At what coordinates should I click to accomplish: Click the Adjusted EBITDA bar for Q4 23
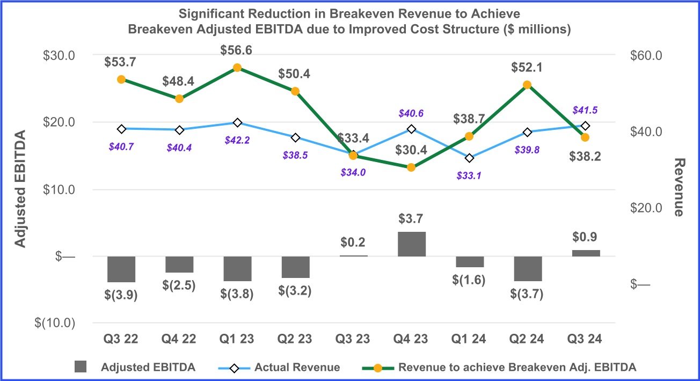coord(411,244)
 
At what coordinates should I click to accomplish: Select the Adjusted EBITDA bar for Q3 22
coord(121,269)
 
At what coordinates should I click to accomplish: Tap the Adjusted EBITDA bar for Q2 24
coord(528,268)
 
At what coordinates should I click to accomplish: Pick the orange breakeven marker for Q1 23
coord(237,68)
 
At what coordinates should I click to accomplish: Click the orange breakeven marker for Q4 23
coord(411,167)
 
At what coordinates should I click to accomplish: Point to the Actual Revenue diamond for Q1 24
coord(470,158)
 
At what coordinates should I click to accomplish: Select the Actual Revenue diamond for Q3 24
coord(586,126)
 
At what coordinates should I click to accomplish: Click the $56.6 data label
coord(237,50)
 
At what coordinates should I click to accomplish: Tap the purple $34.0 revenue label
coord(353,172)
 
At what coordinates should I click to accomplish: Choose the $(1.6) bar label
coord(470,281)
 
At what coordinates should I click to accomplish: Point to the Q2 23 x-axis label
coord(295,339)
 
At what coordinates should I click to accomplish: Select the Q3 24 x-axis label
coord(586,339)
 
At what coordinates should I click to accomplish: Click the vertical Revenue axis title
coord(679,187)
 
